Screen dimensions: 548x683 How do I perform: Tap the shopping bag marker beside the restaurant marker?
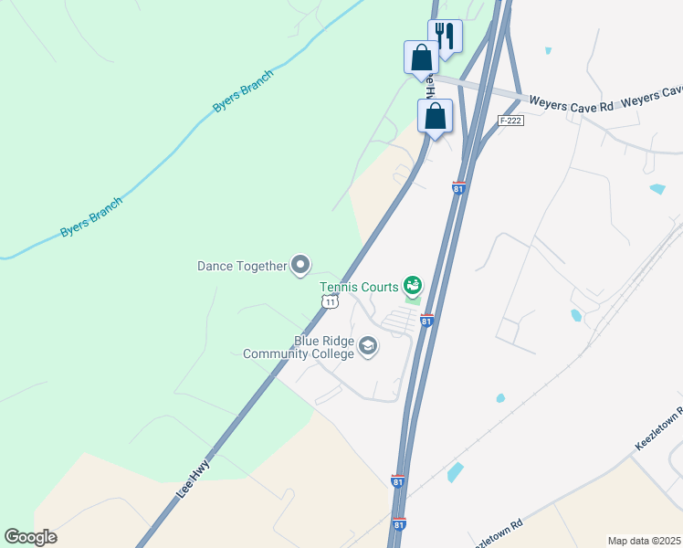[x=421, y=58]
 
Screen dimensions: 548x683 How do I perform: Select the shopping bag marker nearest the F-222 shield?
[x=436, y=117]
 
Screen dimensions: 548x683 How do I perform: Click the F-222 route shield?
[x=510, y=121]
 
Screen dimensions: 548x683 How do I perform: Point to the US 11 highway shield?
[x=331, y=300]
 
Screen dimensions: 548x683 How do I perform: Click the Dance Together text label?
[x=242, y=267]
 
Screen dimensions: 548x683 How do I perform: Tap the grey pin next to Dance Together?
[x=300, y=266]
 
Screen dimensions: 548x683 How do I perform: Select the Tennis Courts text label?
[x=358, y=286]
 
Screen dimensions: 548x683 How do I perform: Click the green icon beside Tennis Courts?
[x=413, y=286]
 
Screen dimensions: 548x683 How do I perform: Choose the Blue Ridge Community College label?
[x=298, y=348]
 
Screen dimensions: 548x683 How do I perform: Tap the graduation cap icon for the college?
[x=368, y=345]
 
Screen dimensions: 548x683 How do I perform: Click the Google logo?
[x=30, y=537]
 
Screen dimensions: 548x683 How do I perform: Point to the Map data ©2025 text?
[x=644, y=541]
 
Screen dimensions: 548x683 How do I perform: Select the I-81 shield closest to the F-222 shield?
[x=458, y=188]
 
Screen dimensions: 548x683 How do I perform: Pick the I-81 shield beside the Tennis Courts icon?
[x=426, y=321]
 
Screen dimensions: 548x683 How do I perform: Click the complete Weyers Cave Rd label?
[x=571, y=106]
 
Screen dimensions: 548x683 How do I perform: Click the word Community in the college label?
[x=278, y=354]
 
